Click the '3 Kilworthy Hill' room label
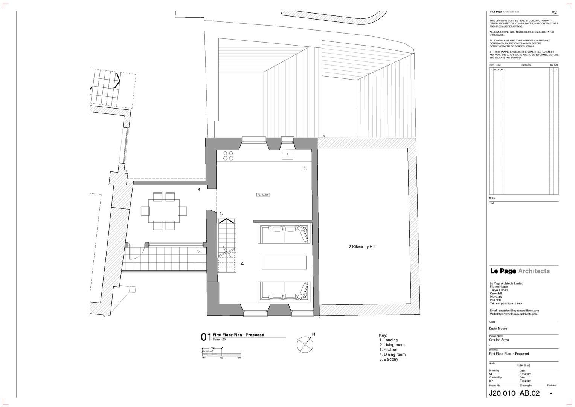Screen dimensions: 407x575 pos(362,247)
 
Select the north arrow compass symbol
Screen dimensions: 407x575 pos(305,343)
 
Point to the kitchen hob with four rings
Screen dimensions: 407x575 pos(228,155)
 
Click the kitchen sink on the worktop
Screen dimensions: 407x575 pos(287,156)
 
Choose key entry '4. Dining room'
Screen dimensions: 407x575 pos(392,355)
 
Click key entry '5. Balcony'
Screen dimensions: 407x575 pos(389,360)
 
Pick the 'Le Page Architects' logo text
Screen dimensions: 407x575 pos(520,271)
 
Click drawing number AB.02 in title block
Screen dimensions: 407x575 pos(529,393)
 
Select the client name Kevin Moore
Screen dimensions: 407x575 pos(498,329)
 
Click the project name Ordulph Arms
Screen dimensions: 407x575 pos(499,340)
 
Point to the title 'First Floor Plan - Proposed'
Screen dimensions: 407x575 pos(238,335)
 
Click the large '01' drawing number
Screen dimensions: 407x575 pos(206,337)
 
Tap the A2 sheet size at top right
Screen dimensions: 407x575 pos(554,12)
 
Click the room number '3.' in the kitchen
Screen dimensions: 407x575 pos(305,168)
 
